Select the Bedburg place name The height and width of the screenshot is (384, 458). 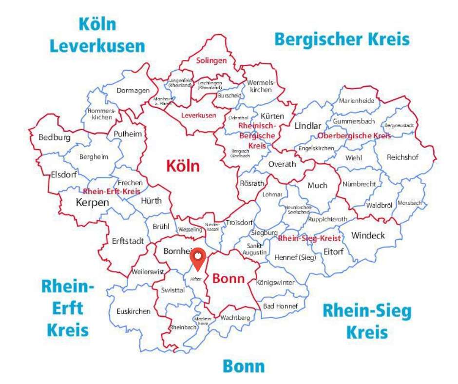pos(55,137)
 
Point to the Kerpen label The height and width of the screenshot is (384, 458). pos(92,202)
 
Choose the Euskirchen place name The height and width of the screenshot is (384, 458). pos(134,311)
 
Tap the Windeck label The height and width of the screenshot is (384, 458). pos(368,236)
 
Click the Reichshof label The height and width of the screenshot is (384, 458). pos(402,157)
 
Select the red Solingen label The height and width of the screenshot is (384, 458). pos(211,61)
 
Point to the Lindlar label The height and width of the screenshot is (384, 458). pos(308,126)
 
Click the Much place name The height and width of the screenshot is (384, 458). pos(317,185)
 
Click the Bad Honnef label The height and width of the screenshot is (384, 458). pos(276,306)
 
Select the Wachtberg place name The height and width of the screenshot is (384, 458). pos(235,318)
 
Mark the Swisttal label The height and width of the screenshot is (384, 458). pos(172,290)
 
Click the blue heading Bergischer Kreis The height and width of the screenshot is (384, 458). pos(342,38)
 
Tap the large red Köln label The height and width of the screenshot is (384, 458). pos(183,166)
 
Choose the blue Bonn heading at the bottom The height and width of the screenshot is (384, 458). pos(244,366)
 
